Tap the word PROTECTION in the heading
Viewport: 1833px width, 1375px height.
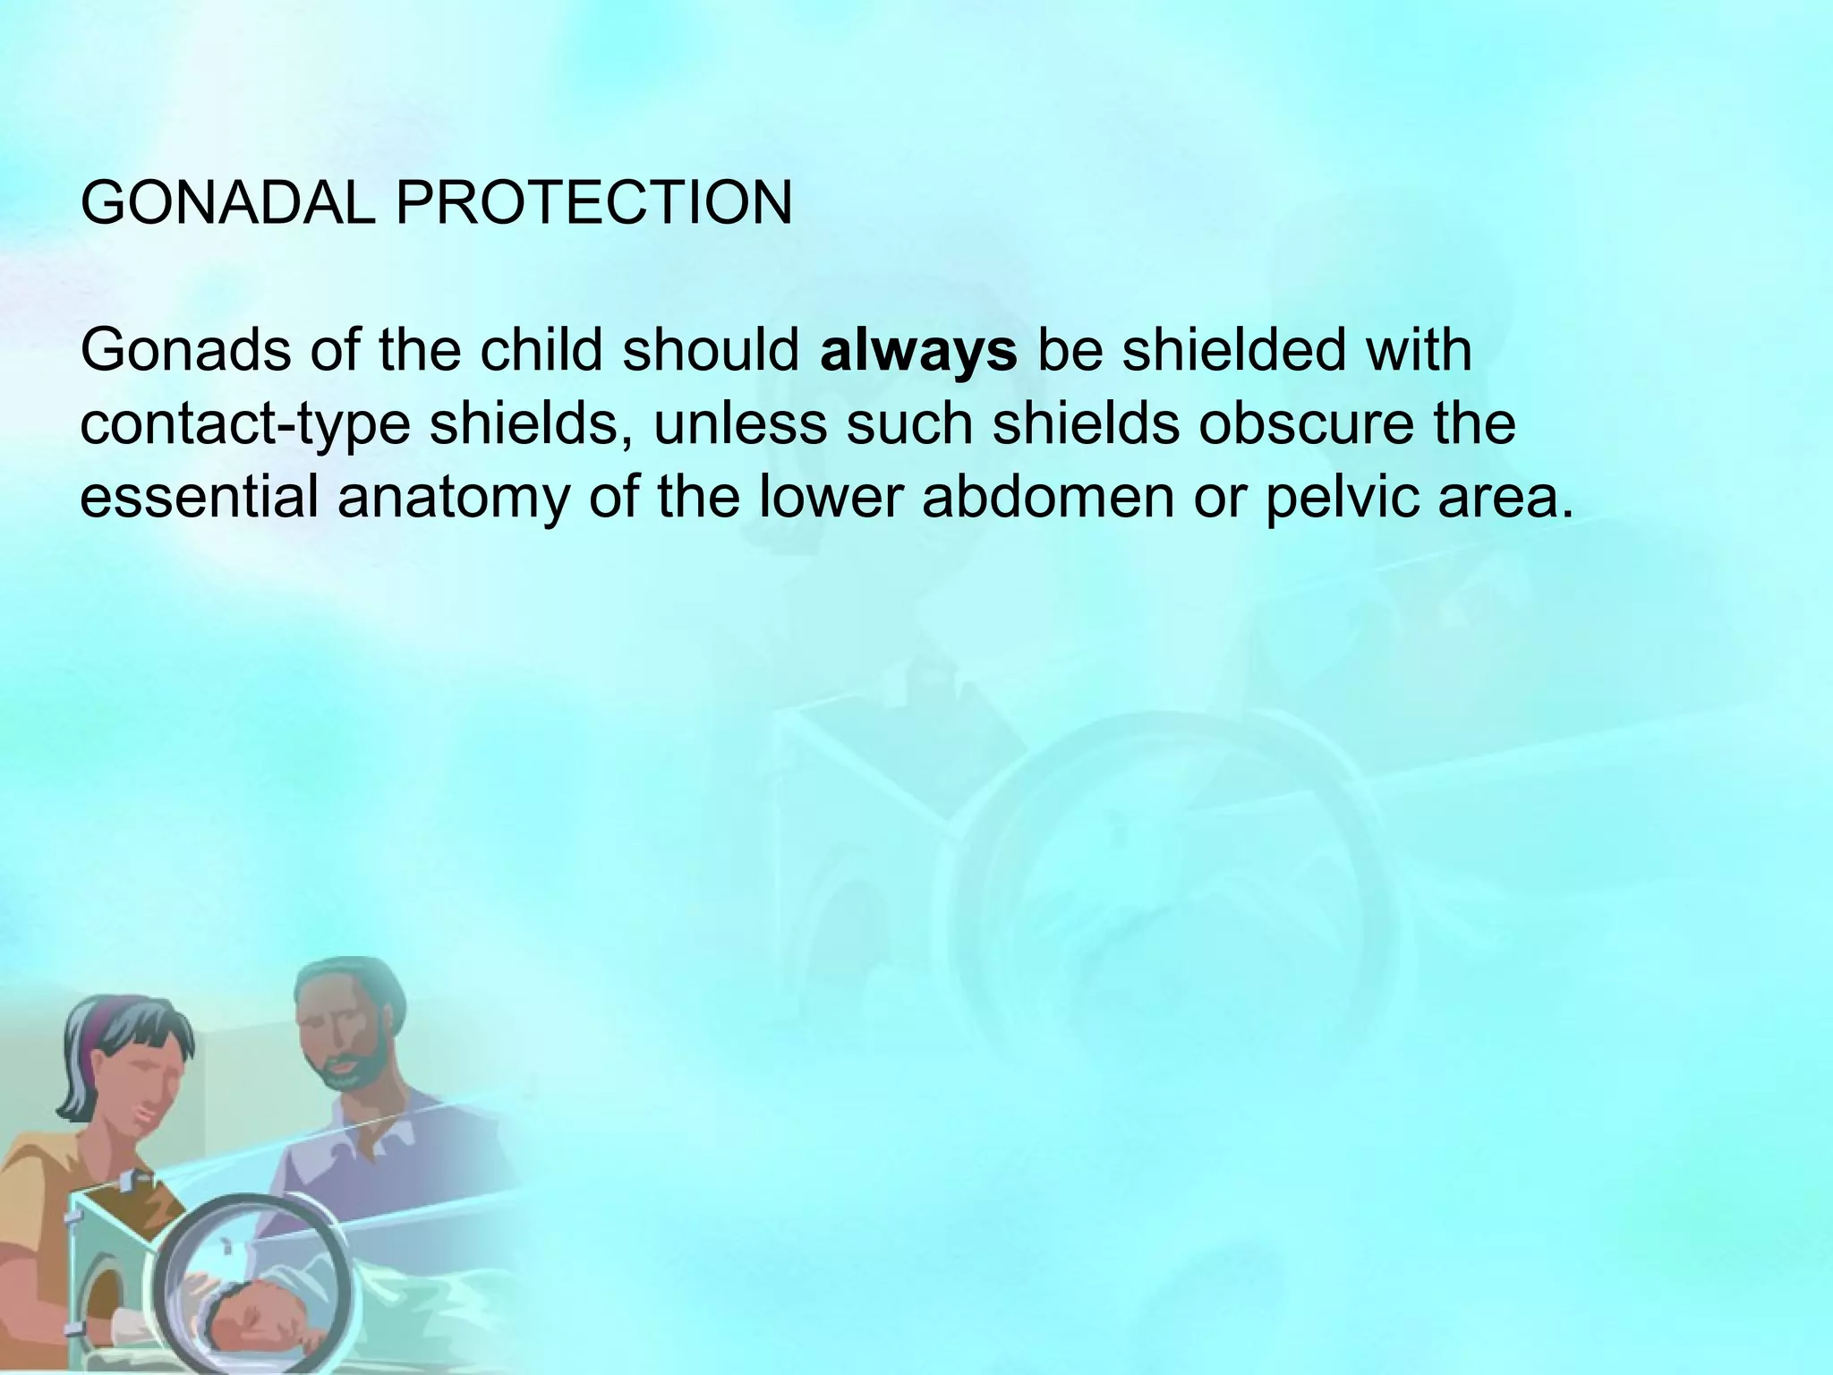click(x=593, y=204)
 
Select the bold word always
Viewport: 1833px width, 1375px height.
click(x=917, y=352)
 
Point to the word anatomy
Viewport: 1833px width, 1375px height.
click(x=453, y=499)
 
